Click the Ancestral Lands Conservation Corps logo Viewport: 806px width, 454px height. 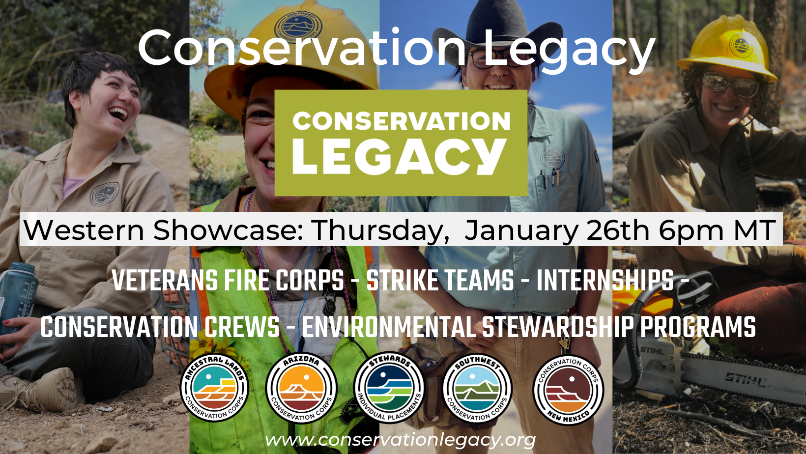(x=214, y=388)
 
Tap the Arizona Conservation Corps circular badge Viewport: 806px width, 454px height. (x=301, y=388)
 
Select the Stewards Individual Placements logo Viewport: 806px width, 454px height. (x=389, y=388)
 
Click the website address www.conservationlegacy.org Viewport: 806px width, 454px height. (x=400, y=440)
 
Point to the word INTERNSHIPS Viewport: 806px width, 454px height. (x=605, y=280)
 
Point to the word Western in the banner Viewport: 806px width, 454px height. (x=84, y=230)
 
